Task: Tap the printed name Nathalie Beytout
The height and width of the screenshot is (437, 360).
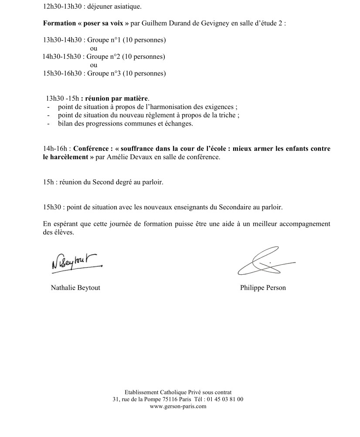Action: coord(75,287)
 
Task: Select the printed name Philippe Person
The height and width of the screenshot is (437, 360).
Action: coord(263,287)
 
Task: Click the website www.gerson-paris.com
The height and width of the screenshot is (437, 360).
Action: coord(178,406)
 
